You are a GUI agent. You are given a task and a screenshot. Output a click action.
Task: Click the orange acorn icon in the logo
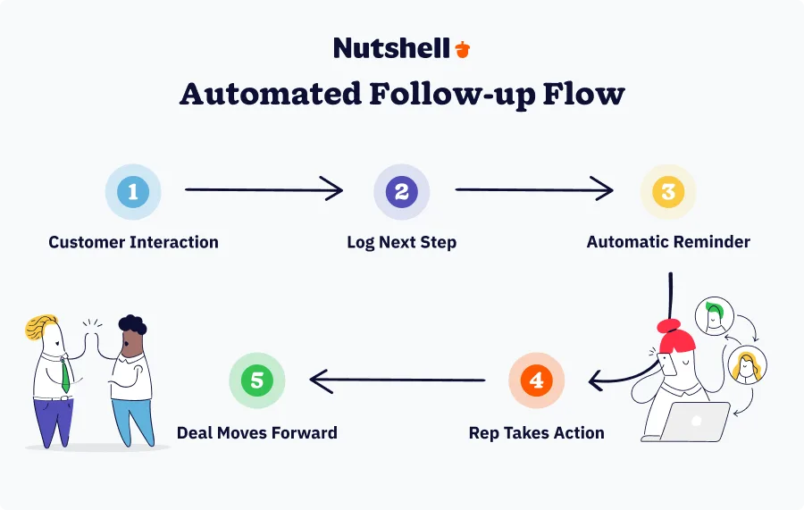click(462, 49)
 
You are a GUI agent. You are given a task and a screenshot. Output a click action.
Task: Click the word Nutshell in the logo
click(391, 48)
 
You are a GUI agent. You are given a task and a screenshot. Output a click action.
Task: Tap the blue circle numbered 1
click(133, 192)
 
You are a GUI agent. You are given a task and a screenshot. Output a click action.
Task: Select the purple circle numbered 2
click(401, 192)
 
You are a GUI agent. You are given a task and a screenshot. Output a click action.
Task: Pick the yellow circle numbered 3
click(667, 192)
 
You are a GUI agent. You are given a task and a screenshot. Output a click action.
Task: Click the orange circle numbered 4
click(536, 380)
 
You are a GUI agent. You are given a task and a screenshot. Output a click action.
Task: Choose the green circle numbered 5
click(257, 380)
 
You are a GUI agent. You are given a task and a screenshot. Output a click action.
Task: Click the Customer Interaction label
click(133, 242)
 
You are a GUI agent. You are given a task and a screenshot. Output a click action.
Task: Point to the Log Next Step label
click(401, 242)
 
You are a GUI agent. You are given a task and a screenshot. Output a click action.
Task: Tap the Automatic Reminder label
click(668, 242)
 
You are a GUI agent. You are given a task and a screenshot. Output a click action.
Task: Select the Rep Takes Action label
click(536, 433)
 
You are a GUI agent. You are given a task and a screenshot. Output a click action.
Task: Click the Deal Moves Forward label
click(257, 433)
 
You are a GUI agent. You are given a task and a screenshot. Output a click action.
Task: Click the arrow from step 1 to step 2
click(264, 189)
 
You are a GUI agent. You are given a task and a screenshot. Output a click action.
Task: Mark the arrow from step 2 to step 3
click(534, 189)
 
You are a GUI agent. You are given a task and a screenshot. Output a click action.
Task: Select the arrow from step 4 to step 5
click(398, 380)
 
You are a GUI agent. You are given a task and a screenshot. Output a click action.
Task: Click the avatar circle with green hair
click(715, 315)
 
